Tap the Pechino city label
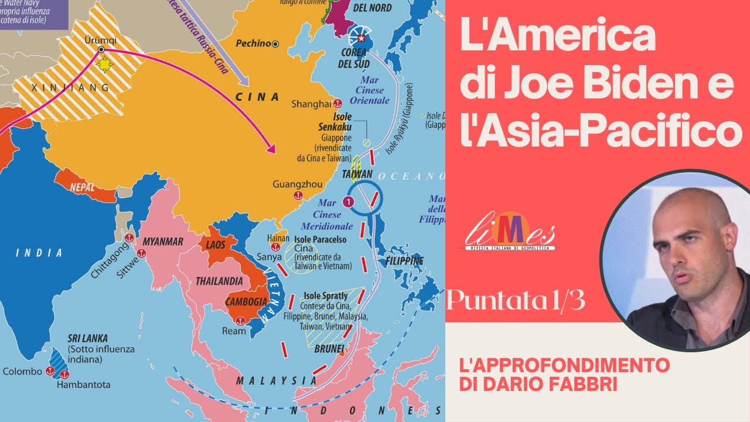(x=253, y=43)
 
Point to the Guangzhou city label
(x=297, y=184)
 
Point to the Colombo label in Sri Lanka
(x=22, y=372)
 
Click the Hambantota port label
(x=83, y=385)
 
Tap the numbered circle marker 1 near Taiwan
(x=349, y=202)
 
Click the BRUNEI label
(x=329, y=349)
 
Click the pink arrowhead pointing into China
(x=271, y=148)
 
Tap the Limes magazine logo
(x=510, y=233)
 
